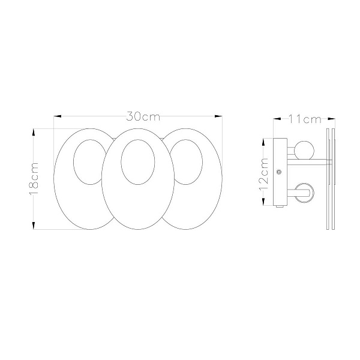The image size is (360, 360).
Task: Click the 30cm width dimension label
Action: point(143,116)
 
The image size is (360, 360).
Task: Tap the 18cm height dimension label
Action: point(34,178)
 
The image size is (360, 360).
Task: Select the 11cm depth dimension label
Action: point(304,119)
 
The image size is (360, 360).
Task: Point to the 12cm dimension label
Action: point(264,174)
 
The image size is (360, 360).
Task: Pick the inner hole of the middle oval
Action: point(138,162)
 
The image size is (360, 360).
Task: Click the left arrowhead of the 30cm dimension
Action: point(58,116)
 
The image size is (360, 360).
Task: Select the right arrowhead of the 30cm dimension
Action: point(218,116)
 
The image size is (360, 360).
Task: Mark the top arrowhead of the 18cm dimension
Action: point(34,133)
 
